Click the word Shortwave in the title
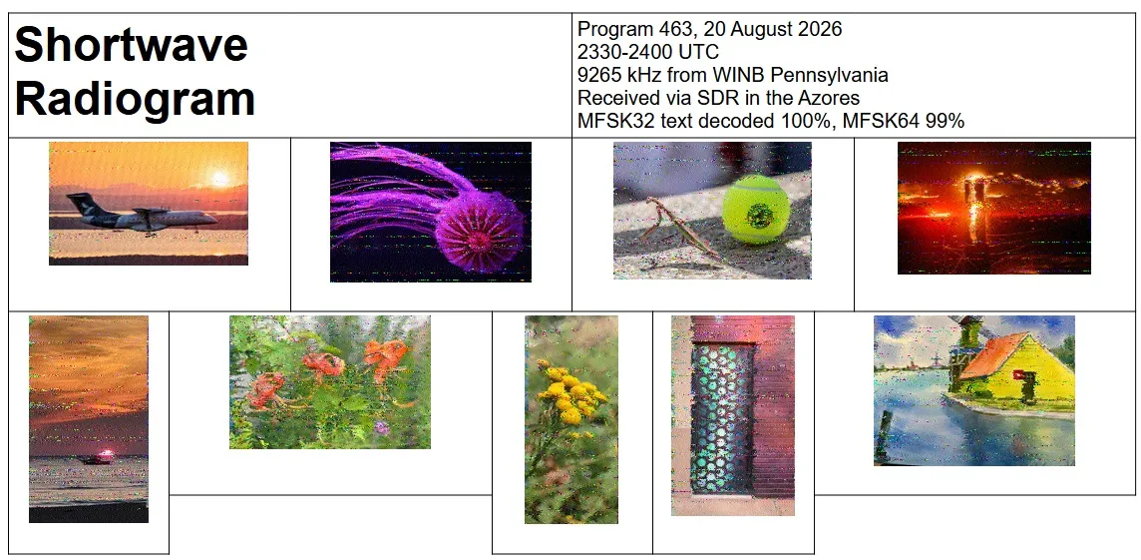tap(132, 44)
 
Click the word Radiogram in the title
tap(136, 98)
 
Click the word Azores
tap(826, 98)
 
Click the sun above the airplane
tap(219, 179)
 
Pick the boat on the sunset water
tap(100, 457)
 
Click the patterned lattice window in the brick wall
tap(721, 417)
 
